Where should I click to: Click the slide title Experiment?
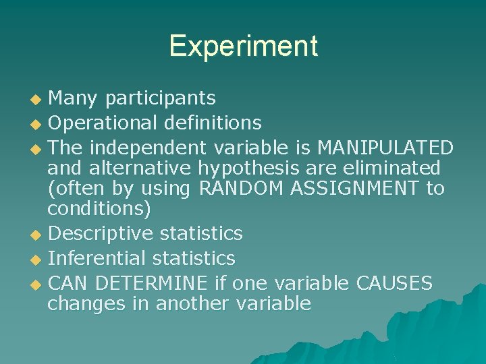pyautogui.click(x=243, y=46)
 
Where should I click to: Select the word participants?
pyautogui.click(x=160, y=99)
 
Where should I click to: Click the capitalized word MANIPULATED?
pyautogui.click(x=384, y=146)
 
